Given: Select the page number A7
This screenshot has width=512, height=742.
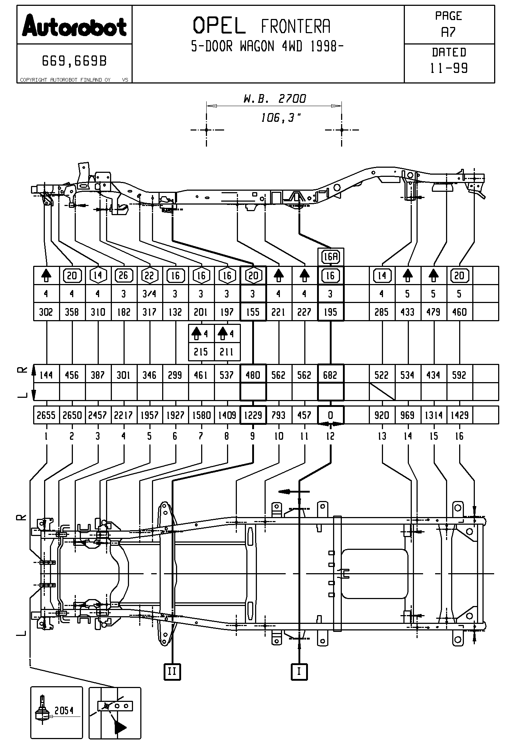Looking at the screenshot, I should [x=448, y=32].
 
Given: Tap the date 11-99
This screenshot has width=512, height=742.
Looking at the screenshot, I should [x=449, y=68].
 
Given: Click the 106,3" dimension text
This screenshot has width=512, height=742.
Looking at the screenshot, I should [x=281, y=117].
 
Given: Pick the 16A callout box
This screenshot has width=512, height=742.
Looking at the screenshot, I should [x=331, y=257].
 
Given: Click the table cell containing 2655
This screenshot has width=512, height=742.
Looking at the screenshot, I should [x=46, y=415].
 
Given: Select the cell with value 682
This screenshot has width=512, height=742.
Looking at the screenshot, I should [x=331, y=375].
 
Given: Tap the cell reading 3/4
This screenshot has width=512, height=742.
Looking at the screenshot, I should [x=149, y=294].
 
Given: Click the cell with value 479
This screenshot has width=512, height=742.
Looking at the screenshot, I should [x=433, y=312].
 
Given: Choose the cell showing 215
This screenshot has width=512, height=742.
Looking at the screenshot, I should [x=201, y=352].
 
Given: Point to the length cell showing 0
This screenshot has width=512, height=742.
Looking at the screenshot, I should [x=331, y=415].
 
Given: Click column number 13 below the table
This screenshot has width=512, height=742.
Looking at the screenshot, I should [x=382, y=436].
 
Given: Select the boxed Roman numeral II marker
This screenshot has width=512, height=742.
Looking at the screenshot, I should [x=172, y=671].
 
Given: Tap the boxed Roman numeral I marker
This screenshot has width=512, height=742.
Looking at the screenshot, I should [x=299, y=671].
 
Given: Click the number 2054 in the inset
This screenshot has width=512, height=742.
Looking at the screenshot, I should [x=64, y=710].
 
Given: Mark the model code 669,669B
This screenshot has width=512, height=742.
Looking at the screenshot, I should [x=74, y=61].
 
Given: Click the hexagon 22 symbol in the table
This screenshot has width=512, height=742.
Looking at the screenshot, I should [x=149, y=275].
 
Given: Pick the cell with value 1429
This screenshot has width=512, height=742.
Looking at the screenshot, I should [x=459, y=415].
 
